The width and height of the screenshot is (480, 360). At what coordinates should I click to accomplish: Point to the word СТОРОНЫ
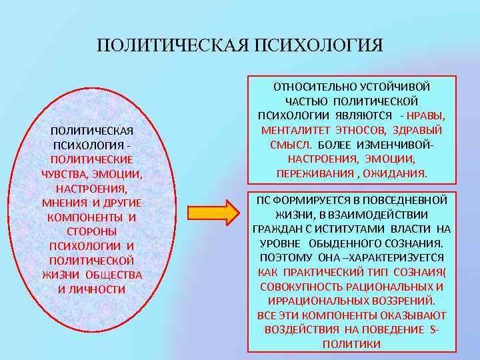pos(91,231)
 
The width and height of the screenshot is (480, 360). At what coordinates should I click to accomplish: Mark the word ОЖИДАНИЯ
pos(396,173)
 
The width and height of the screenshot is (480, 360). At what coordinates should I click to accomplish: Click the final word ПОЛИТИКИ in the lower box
pos(351,344)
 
